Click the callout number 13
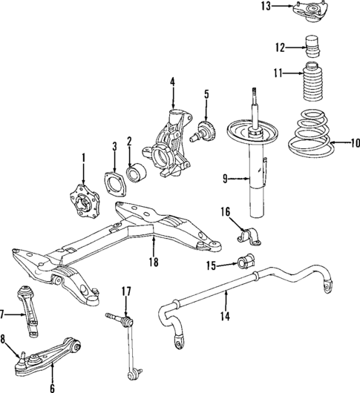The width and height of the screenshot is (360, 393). (x=287, y=7)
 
